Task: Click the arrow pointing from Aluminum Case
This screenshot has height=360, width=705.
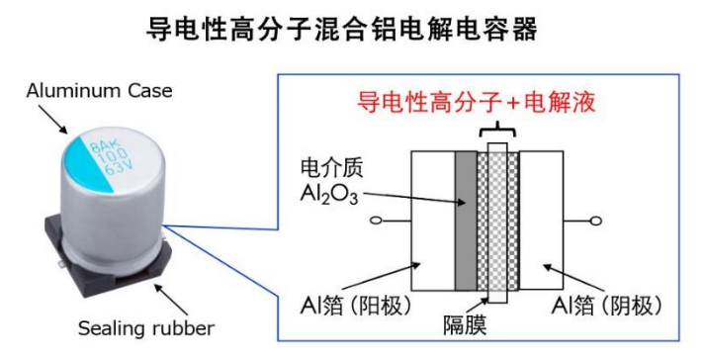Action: coord(53,119)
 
